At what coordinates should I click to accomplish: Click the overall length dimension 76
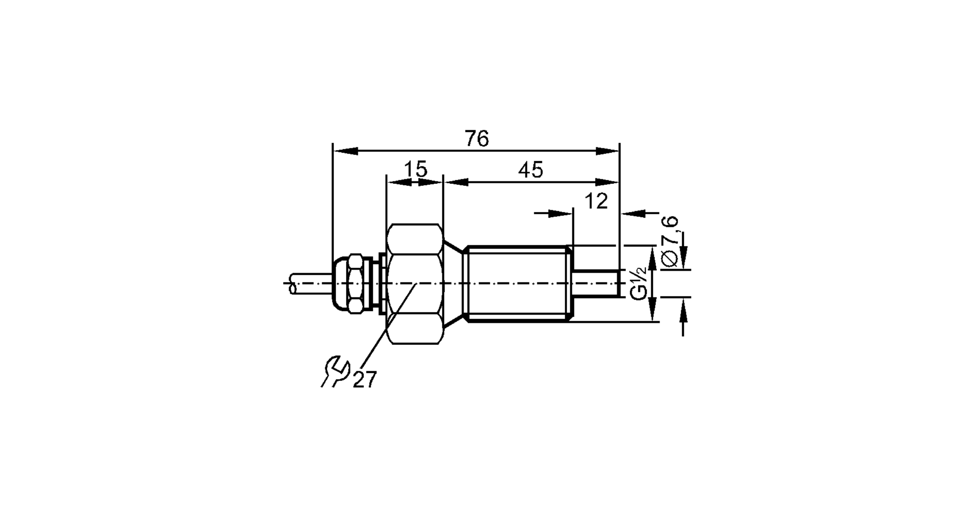click(x=476, y=139)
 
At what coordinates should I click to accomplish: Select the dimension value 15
click(x=415, y=170)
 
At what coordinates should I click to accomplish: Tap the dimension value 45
click(x=530, y=170)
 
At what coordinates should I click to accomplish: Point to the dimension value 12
click(x=596, y=201)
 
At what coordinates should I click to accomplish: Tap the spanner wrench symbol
click(x=335, y=372)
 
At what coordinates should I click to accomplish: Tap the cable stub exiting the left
click(x=307, y=283)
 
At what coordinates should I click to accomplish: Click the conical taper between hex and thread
click(x=453, y=283)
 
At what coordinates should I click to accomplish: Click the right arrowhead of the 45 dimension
click(x=607, y=182)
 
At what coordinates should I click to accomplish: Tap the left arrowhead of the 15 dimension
click(x=399, y=182)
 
